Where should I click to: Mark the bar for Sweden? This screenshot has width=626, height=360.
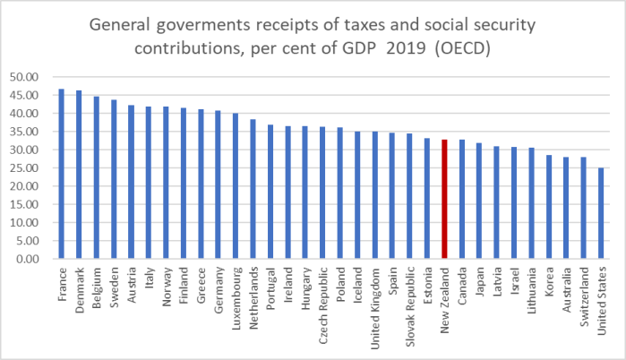(113, 179)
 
